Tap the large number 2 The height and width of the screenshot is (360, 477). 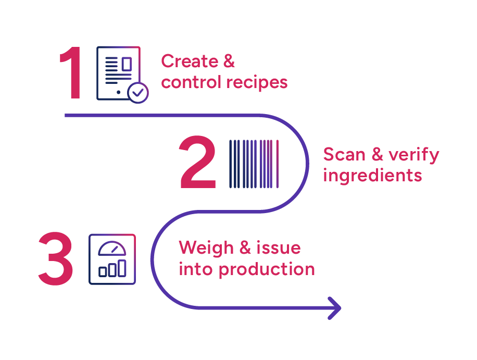198,163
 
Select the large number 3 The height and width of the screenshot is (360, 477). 56,259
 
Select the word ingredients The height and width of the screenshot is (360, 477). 372,176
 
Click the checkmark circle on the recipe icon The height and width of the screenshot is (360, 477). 138,93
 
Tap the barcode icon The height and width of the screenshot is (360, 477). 254,163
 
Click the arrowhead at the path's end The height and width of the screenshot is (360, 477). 334,307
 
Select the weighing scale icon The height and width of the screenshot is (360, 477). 112,259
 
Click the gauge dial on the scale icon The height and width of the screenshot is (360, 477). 112,248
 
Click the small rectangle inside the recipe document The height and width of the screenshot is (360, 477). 127,64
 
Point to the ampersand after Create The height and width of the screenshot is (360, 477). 229,61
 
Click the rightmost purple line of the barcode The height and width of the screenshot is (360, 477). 278,163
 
